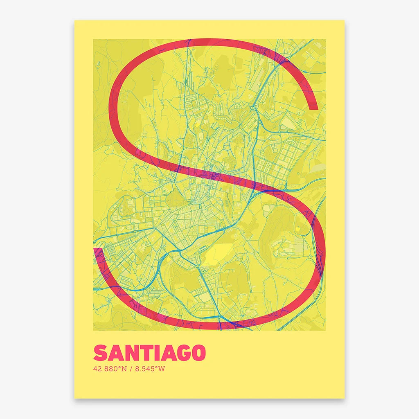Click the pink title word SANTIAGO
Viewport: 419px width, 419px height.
tap(149, 353)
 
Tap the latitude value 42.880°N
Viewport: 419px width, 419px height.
tap(110, 369)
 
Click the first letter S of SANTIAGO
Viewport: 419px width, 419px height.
tap(100, 353)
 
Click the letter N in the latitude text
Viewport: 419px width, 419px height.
tap(124, 369)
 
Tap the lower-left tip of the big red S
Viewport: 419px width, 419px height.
tap(97, 250)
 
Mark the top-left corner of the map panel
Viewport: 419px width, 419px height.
tap(93, 39)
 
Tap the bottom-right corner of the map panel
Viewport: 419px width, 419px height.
tap(326, 330)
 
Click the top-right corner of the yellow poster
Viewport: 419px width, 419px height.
tap(344, 20)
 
